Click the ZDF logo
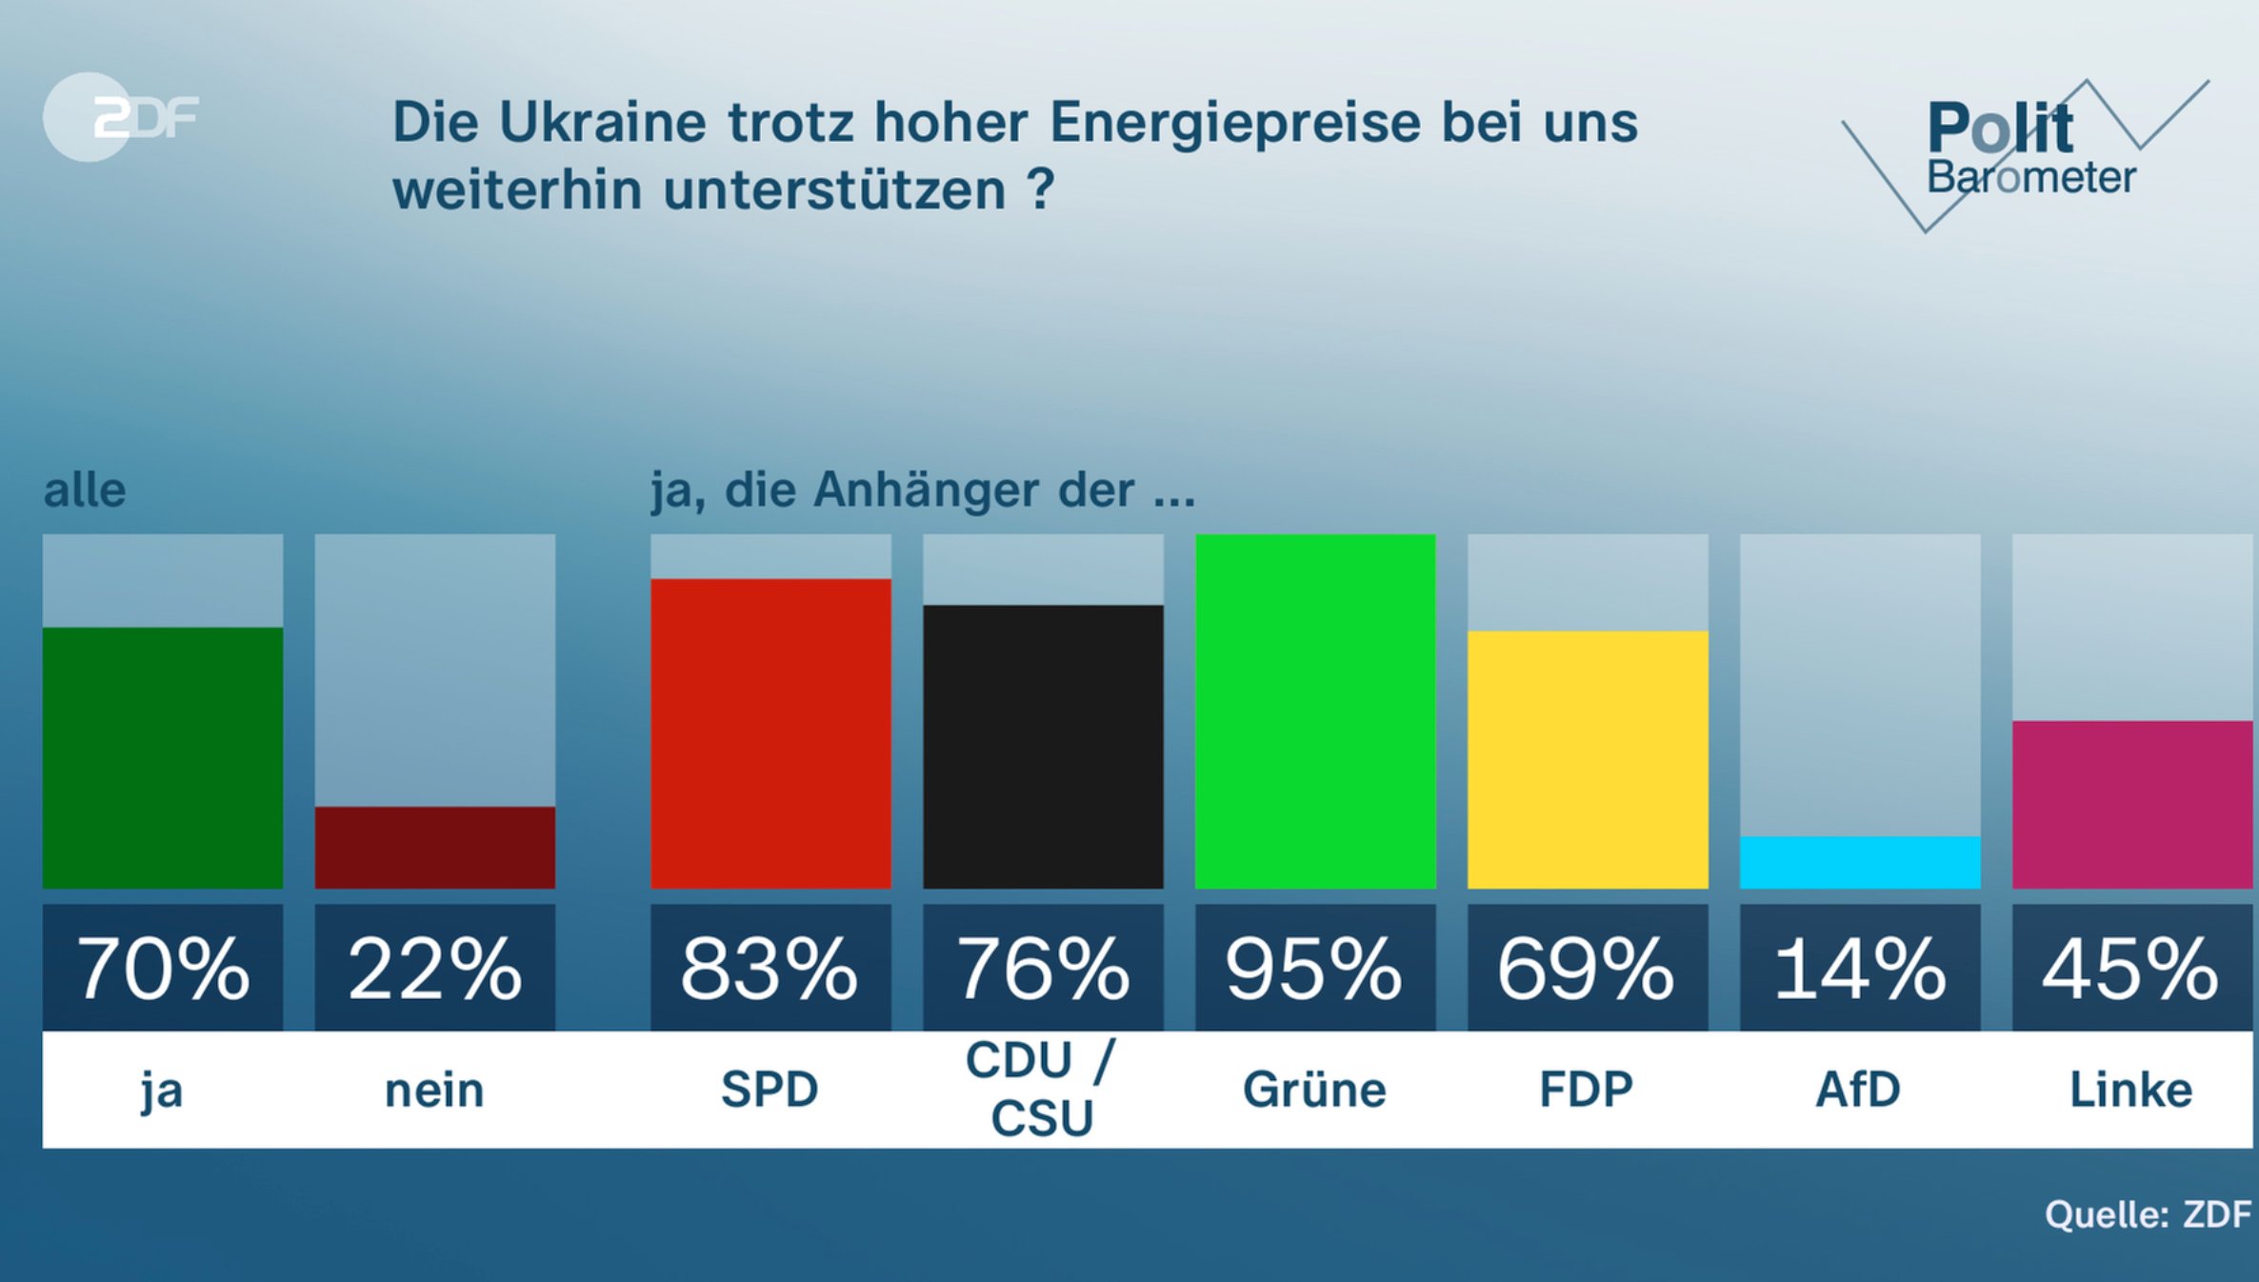pyautogui.click(x=122, y=117)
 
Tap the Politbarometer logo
pyautogui.click(x=2027, y=152)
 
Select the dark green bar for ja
pyautogui.click(x=163, y=757)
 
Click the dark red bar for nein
pyautogui.click(x=435, y=847)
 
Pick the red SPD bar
pyautogui.click(x=770, y=733)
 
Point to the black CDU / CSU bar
pyautogui.click(x=1043, y=747)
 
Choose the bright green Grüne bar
pyautogui.click(x=1315, y=711)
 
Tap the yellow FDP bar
pyautogui.click(x=1588, y=759)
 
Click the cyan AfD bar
pyautogui.click(x=1860, y=862)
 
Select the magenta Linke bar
pyautogui.click(x=2132, y=805)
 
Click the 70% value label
pyautogui.click(x=163, y=969)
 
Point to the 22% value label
pyautogui.click(x=435, y=969)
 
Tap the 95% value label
pyautogui.click(x=1315, y=969)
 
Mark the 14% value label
pyautogui.click(x=1860, y=969)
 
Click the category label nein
pyautogui.click(x=434, y=1091)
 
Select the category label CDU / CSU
pyautogui.click(x=1041, y=1089)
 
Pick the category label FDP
pyautogui.click(x=1587, y=1090)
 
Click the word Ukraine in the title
pyautogui.click(x=602, y=123)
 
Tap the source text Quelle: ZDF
pyautogui.click(x=2148, y=1214)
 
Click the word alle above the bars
pyautogui.click(x=85, y=491)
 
